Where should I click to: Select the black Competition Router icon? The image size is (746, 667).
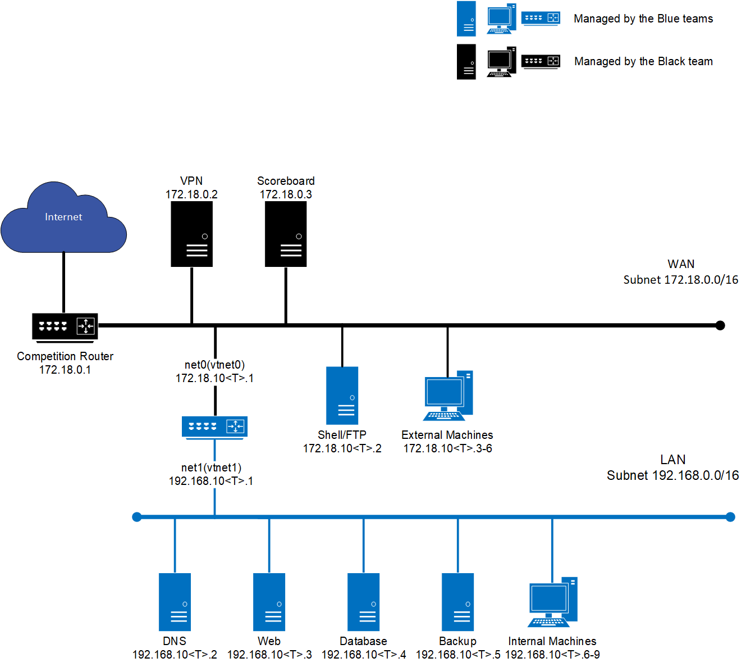click(65, 326)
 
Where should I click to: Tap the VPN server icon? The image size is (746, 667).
click(191, 234)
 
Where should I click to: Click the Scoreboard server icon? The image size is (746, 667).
click(286, 234)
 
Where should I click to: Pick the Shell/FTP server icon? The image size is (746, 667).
click(342, 396)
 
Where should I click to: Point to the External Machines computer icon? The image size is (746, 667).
click(448, 396)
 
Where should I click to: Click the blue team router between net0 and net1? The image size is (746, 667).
click(214, 427)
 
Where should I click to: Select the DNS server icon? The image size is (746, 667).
click(175, 602)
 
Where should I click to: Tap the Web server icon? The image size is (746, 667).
click(269, 602)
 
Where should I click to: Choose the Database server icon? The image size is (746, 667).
click(363, 602)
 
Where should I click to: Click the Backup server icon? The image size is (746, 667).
click(457, 602)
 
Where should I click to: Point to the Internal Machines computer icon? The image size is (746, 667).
click(552, 602)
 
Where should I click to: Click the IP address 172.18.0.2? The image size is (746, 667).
click(191, 194)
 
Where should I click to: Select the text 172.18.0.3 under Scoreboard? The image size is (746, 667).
click(286, 194)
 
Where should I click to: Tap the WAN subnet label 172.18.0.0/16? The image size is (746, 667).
click(680, 280)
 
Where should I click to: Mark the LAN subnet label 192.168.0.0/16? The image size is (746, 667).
click(672, 475)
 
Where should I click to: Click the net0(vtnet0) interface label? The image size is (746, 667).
click(214, 365)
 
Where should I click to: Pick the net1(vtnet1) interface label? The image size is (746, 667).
click(211, 468)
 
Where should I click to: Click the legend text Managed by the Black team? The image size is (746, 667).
click(643, 61)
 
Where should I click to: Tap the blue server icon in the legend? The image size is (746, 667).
click(466, 19)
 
